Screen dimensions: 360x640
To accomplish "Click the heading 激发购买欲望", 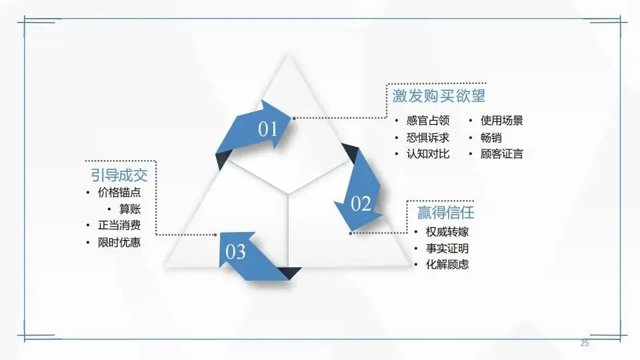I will (439, 96).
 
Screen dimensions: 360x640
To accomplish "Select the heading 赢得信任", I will (445, 212).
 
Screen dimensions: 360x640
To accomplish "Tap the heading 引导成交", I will (119, 175).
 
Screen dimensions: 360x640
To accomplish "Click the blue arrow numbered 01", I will (263, 127).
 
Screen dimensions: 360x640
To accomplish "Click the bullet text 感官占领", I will (428, 121).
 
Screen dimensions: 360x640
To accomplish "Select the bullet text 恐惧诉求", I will (428, 137).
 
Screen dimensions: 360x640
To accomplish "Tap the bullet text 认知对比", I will (428, 154).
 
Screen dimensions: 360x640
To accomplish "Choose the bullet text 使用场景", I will (501, 121).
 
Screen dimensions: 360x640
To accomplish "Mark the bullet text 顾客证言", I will (501, 154).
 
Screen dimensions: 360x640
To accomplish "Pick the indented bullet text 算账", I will (130, 209).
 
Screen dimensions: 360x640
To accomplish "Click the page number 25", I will (585, 343).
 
